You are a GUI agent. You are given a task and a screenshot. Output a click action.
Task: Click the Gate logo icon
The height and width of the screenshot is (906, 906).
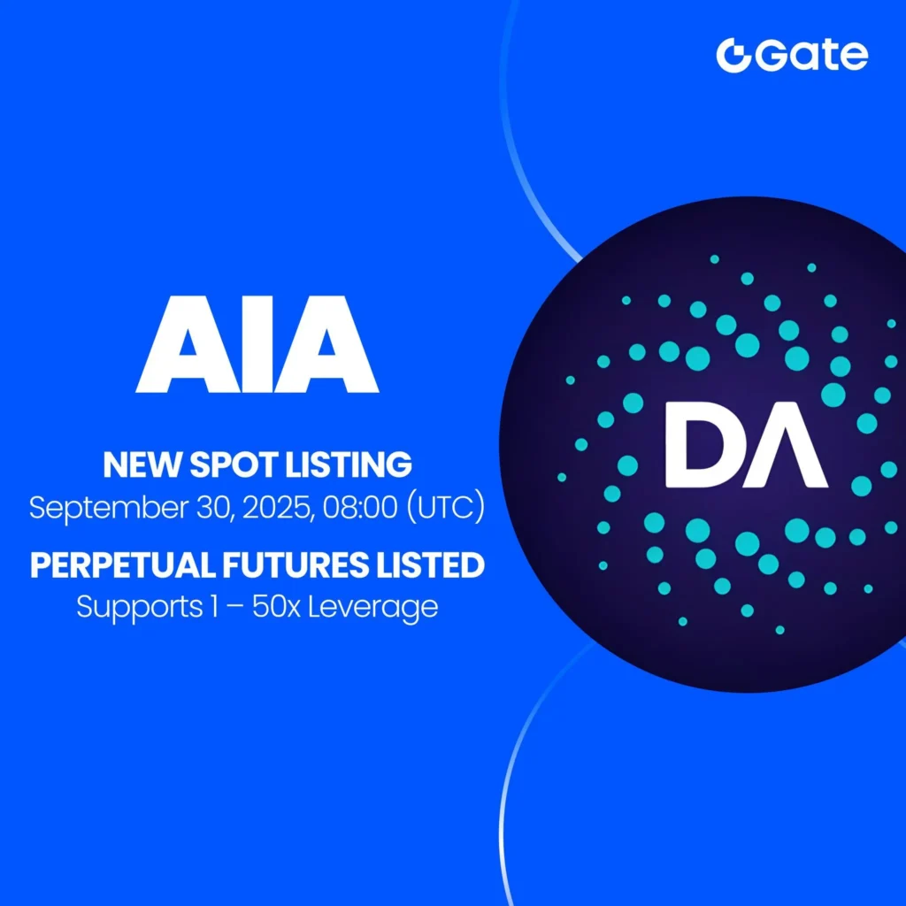732,56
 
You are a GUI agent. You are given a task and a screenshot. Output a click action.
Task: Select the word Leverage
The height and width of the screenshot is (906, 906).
381,608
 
